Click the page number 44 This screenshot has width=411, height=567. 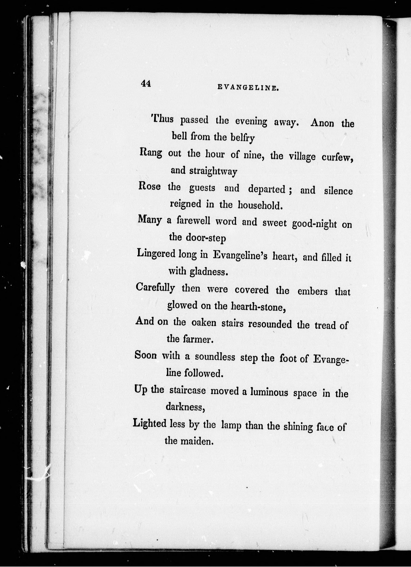pyautogui.click(x=146, y=84)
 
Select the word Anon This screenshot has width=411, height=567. pyautogui.click(x=322, y=123)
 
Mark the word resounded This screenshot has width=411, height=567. pyautogui.click(x=270, y=324)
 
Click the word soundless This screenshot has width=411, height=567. pyautogui.click(x=215, y=357)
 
